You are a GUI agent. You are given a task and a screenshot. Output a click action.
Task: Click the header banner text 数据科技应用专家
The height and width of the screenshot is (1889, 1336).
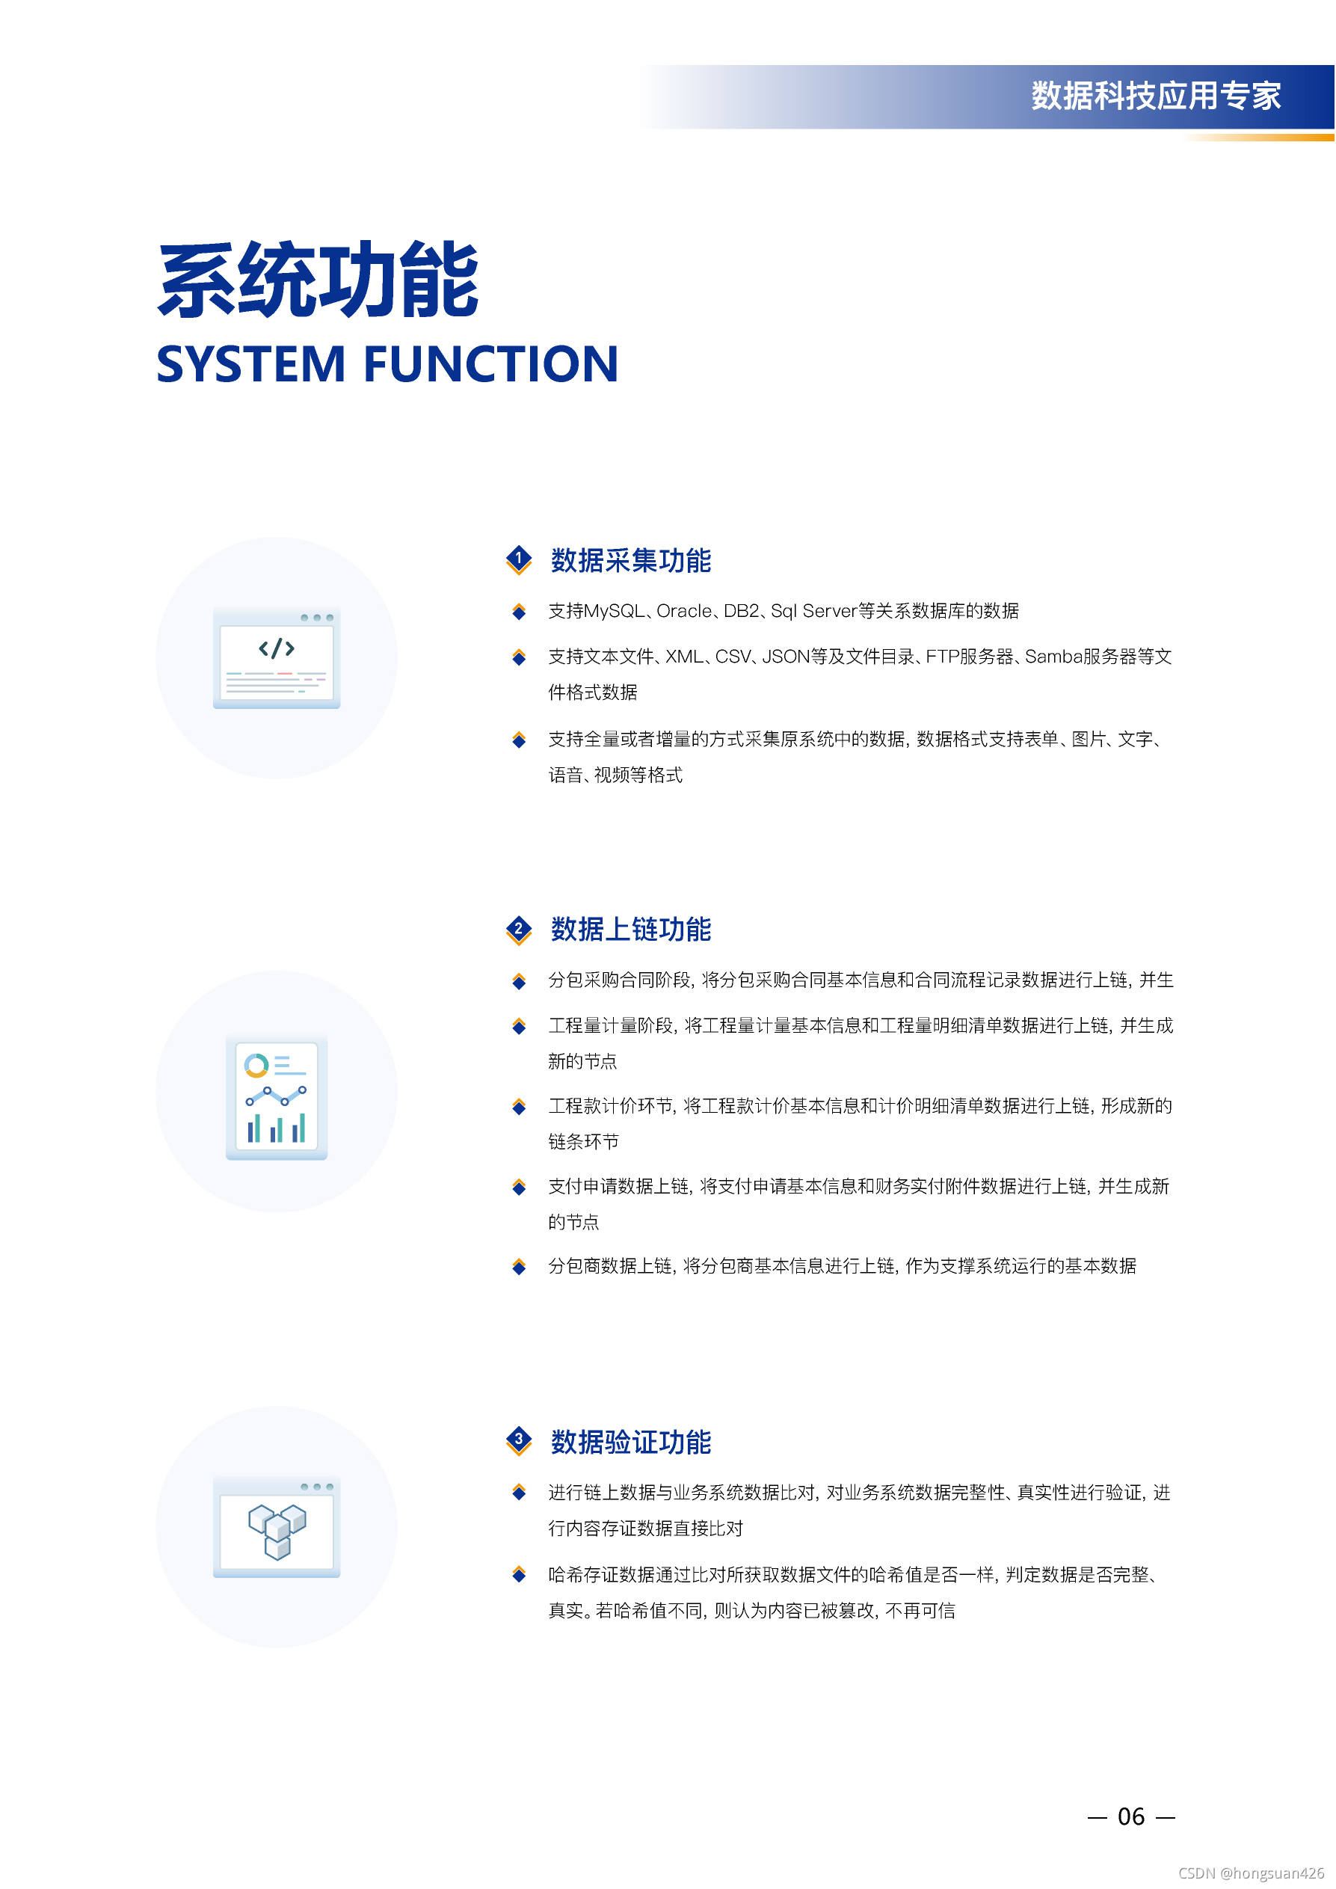pyautogui.click(x=1156, y=96)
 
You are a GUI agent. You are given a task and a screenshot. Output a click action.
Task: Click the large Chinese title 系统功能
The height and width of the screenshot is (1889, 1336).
pyautogui.click(x=318, y=280)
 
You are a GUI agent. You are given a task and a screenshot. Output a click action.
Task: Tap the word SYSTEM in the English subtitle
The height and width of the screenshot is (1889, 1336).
pyautogui.click(x=251, y=364)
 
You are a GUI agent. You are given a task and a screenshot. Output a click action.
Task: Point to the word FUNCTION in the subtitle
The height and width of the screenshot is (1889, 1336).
pyautogui.click(x=490, y=364)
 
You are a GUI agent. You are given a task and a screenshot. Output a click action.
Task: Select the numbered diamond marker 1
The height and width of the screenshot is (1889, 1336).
pyautogui.click(x=518, y=559)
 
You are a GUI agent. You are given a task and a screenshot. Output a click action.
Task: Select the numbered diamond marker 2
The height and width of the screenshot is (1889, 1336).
pyautogui.click(x=518, y=930)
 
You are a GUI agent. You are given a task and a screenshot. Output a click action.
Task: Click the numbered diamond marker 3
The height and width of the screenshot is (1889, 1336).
pyautogui.click(x=518, y=1440)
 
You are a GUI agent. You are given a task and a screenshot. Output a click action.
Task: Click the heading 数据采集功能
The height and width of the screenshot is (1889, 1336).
pyautogui.click(x=631, y=560)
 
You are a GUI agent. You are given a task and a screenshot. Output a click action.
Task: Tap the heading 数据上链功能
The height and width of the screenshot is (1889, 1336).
pyautogui.click(x=631, y=930)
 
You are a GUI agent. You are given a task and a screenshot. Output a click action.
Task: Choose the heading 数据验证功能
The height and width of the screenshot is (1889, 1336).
pyautogui.click(x=631, y=1443)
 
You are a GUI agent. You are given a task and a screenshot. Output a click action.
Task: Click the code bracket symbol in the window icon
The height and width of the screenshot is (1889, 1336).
pyautogui.click(x=277, y=648)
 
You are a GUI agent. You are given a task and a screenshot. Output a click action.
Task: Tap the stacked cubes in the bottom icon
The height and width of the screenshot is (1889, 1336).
pyautogui.click(x=277, y=1531)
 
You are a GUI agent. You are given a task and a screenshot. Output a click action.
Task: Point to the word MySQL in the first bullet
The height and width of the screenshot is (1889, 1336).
pyautogui.click(x=614, y=611)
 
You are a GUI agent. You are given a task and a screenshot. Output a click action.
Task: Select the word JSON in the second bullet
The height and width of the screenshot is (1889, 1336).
pyautogui.click(x=786, y=657)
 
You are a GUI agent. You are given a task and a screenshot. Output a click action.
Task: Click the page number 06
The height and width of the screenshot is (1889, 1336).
pyautogui.click(x=1131, y=1816)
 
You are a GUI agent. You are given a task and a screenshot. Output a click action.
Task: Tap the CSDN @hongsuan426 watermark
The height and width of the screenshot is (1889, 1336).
pyautogui.click(x=1252, y=1873)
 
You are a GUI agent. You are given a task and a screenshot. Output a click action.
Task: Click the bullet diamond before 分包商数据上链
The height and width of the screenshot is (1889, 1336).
pyautogui.click(x=519, y=1266)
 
